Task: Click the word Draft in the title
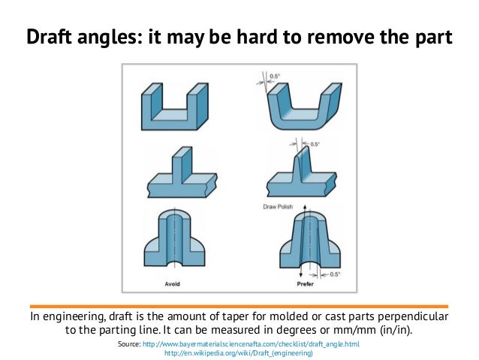pyautogui.click(x=50, y=36)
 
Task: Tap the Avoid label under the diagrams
pyautogui.click(x=172, y=284)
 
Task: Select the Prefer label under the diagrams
pyautogui.click(x=305, y=284)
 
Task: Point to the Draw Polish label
pyautogui.click(x=278, y=207)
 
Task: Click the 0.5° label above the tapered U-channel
pyautogui.click(x=275, y=76)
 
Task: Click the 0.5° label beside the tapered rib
pyautogui.click(x=315, y=144)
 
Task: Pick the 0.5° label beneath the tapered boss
pyautogui.click(x=335, y=274)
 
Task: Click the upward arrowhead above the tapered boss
pyautogui.click(x=305, y=207)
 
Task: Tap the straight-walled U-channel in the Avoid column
pyautogui.click(x=175, y=107)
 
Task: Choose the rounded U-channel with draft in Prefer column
pyautogui.click(x=304, y=107)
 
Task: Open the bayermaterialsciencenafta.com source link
pyautogui.click(x=251, y=344)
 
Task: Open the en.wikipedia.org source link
pyautogui.click(x=239, y=353)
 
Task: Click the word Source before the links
pyautogui.click(x=129, y=344)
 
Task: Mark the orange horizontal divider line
pyautogui.click(x=239, y=306)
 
